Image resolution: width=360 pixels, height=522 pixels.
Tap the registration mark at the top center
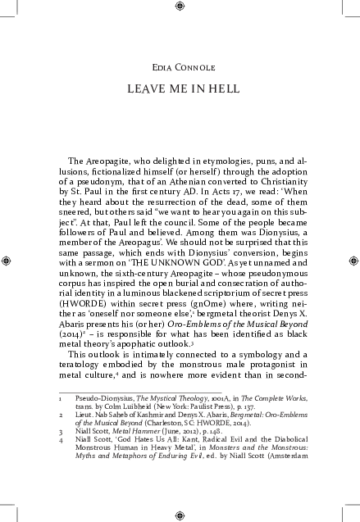coord(180,7)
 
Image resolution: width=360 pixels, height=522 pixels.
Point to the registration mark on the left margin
coord(7,261)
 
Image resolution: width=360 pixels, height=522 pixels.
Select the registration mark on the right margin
coord(353,261)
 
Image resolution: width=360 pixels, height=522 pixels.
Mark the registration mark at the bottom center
coord(180,515)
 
